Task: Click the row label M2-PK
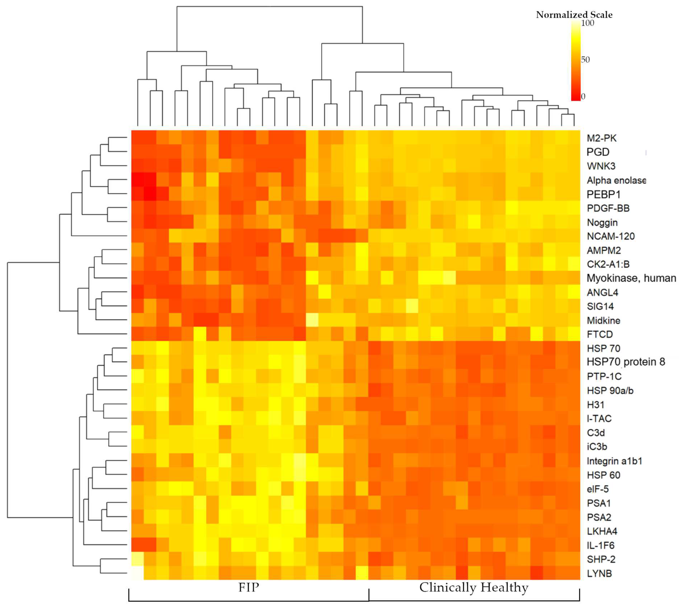pyautogui.click(x=601, y=138)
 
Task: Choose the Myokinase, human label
pyautogui.click(x=631, y=278)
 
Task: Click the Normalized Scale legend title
pyautogui.click(x=574, y=15)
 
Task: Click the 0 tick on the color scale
pyautogui.click(x=583, y=97)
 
